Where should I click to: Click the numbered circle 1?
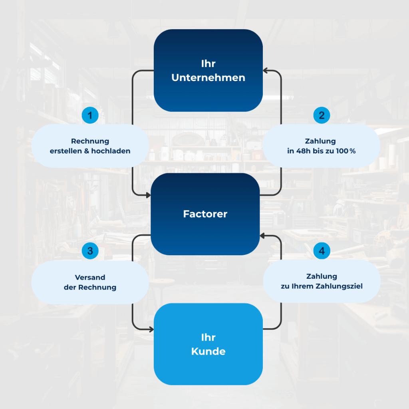coord(90,115)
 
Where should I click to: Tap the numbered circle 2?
coord(322,115)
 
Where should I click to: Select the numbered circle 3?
coord(90,251)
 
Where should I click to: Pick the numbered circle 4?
coord(322,251)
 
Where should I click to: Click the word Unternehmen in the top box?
coord(208,78)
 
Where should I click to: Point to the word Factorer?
coord(205,214)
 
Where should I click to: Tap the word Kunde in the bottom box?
coord(208,351)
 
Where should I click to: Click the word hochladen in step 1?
coord(111,151)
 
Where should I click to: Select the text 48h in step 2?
coord(303,151)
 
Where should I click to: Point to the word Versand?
coord(90,277)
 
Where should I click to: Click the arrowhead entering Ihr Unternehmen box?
coord(265,70)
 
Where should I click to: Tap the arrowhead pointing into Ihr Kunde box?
coord(151,330)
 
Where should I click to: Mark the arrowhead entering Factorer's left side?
coord(149,195)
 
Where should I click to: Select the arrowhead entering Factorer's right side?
coord(262,236)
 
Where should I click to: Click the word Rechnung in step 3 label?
coord(97,287)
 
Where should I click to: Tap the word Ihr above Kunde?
coord(208,338)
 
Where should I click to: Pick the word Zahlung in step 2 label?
coord(320,141)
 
